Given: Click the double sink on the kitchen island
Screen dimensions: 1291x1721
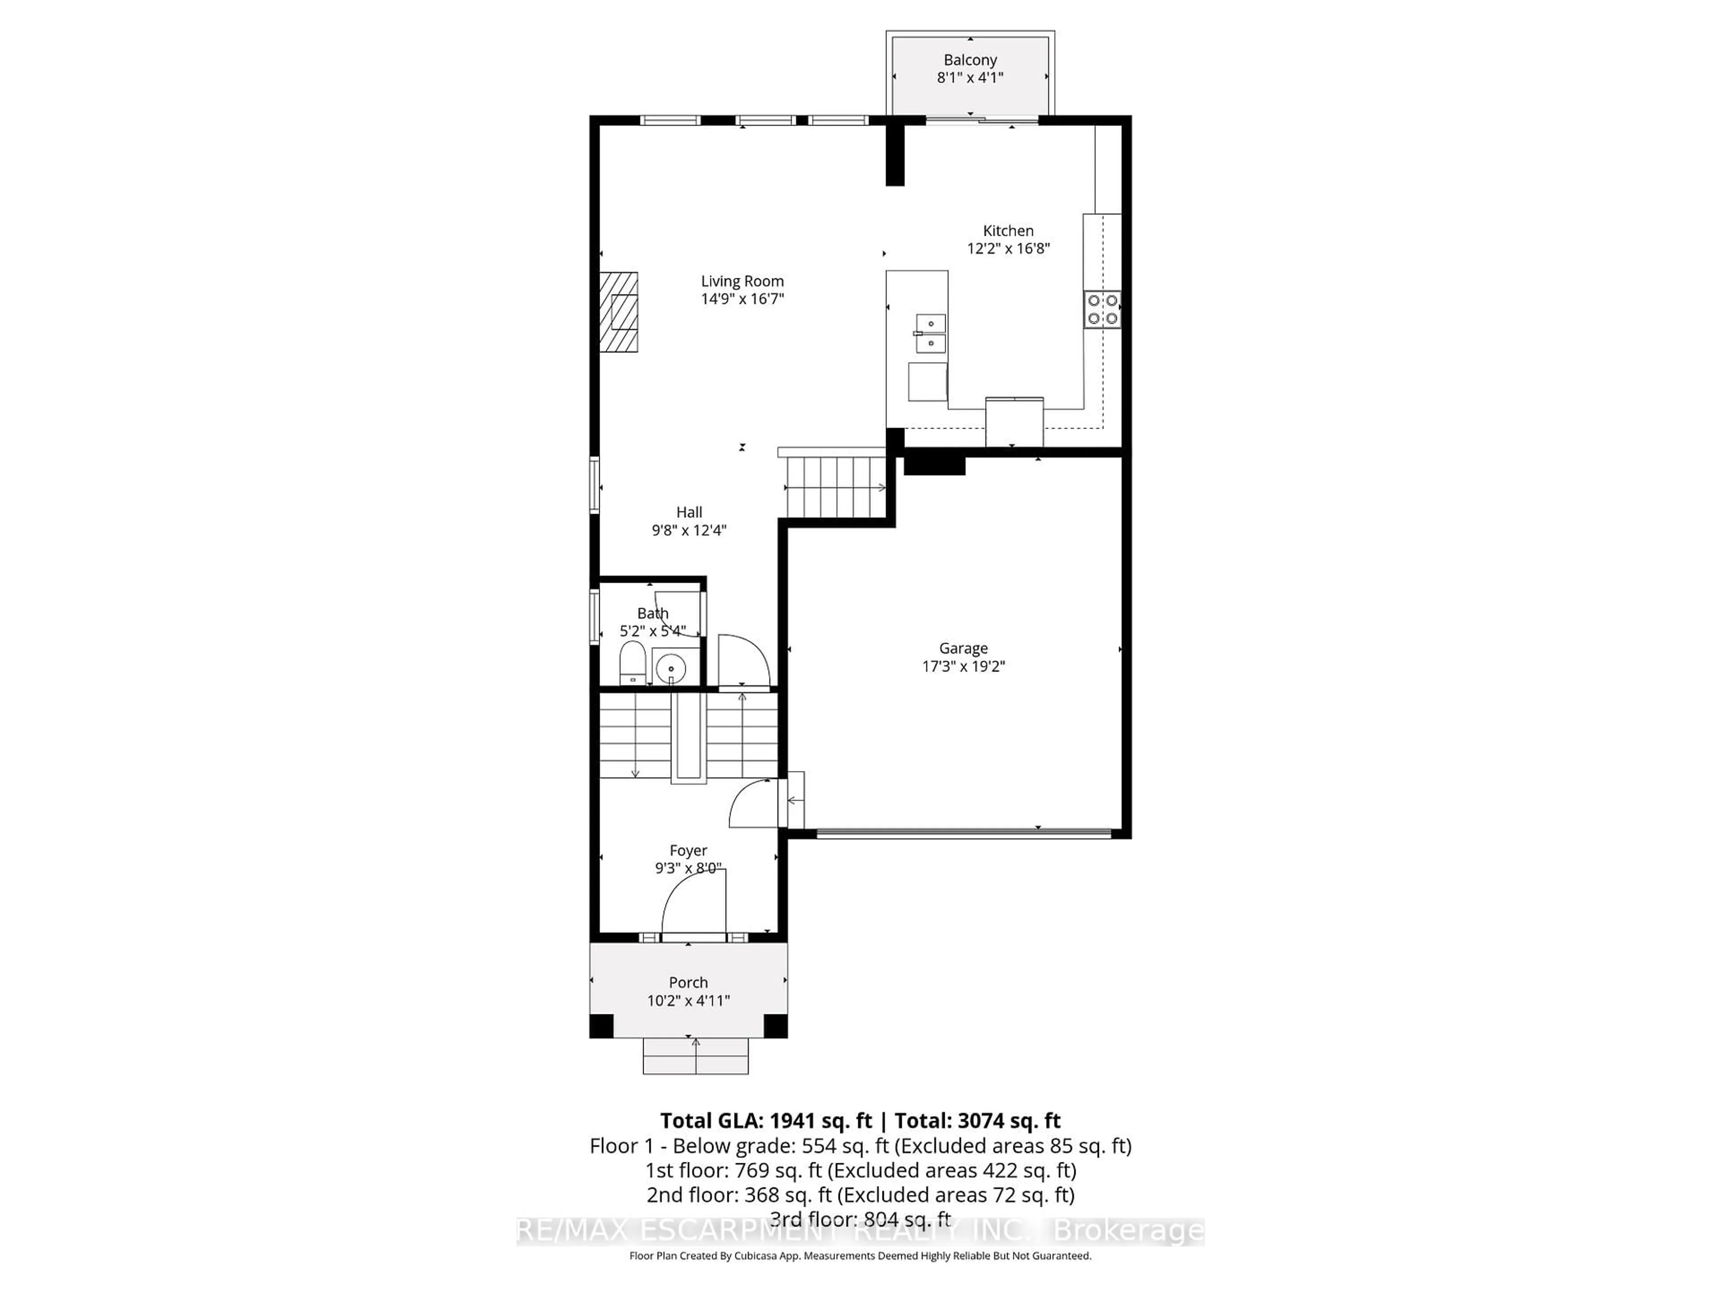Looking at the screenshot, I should [x=930, y=333].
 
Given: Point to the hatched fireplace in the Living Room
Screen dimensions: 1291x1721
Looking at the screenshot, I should [x=618, y=312].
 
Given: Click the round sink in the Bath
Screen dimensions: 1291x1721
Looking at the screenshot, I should [x=670, y=667].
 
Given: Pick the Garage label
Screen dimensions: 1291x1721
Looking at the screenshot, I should [x=963, y=648].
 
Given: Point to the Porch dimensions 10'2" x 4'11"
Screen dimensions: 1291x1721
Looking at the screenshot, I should [x=688, y=1001].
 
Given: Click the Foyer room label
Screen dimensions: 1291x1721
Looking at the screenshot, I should [x=688, y=850].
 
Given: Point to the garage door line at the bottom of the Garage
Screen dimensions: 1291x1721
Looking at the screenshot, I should [x=963, y=833].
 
